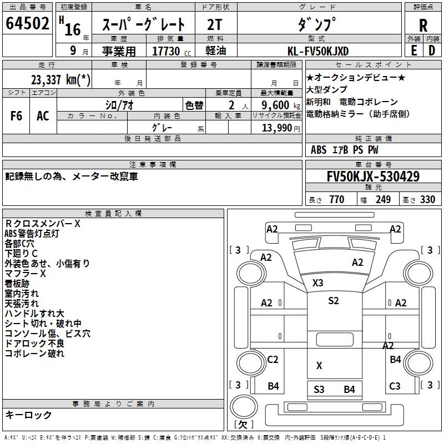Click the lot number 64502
27,25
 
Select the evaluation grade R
423,25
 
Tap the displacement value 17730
169,51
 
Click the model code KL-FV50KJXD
318,51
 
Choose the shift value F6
17,116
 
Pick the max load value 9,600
274,105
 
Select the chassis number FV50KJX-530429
373,177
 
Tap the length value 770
336,200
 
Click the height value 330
427,200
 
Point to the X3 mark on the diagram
317,282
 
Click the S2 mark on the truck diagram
333,301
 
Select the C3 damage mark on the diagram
395,386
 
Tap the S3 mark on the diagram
319,389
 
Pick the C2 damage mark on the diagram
273,360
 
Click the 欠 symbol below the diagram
243,424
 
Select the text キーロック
29,415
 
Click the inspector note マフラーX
26,274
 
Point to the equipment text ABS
319,150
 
